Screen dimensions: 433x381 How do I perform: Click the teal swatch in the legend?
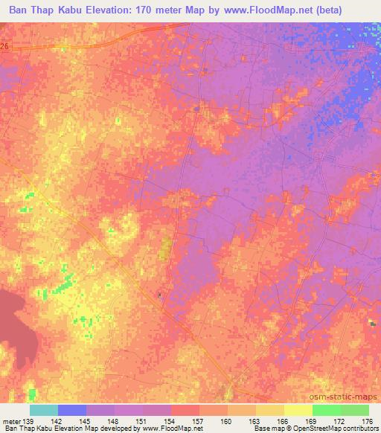click(x=44, y=410)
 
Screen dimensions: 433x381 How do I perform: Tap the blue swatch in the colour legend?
click(x=72, y=410)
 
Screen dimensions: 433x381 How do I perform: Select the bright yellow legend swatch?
click(x=298, y=410)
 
